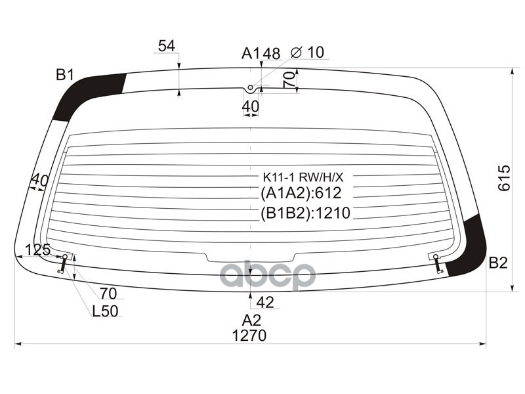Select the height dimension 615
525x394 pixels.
coord(503,178)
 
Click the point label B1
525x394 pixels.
coord(64,75)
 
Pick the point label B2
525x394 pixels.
coord(498,263)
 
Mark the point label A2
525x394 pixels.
coord(251,320)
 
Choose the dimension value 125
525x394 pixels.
coord(38,250)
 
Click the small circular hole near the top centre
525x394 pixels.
coord(250,89)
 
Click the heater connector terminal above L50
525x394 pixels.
coord(64,262)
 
